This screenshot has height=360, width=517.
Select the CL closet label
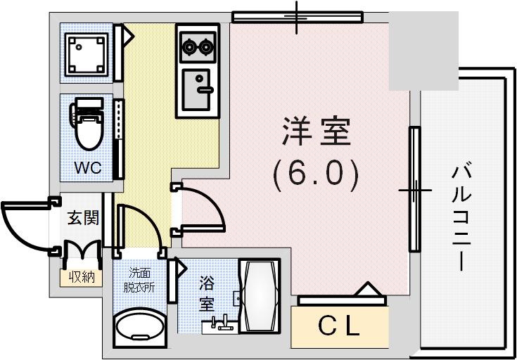pos(340,326)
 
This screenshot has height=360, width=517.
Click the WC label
pos(89,168)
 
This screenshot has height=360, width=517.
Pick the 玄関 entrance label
pos(83,217)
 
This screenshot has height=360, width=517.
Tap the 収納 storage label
pos(82,276)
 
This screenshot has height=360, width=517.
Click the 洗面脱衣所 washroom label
pos(139,280)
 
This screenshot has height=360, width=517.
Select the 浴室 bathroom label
pos(206,294)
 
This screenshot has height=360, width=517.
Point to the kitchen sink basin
pos(198,89)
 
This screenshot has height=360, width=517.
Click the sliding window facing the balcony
pos(414,190)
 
